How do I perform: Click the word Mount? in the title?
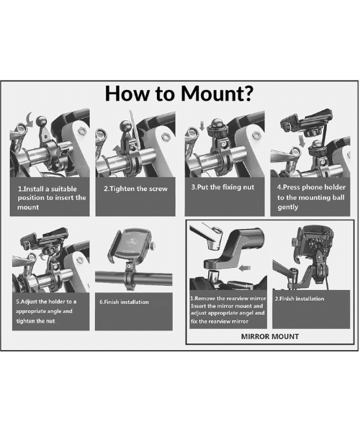click(x=217, y=94)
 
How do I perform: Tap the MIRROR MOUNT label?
click(x=270, y=336)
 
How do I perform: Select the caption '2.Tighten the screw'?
click(x=135, y=189)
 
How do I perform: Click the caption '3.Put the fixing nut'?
click(x=222, y=187)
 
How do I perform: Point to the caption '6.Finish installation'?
click(x=124, y=302)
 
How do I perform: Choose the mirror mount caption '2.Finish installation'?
click(x=300, y=299)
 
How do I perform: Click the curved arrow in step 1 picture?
click(x=30, y=120)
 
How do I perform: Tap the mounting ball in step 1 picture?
click(x=41, y=121)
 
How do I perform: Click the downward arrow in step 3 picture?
click(x=202, y=125)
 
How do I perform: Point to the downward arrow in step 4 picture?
click(x=302, y=141)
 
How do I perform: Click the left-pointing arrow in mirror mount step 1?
click(x=245, y=268)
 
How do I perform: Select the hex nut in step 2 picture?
click(x=164, y=136)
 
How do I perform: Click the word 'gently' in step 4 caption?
click(x=287, y=207)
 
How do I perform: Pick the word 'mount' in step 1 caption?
click(x=28, y=207)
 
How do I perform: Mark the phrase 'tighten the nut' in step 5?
click(x=35, y=321)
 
